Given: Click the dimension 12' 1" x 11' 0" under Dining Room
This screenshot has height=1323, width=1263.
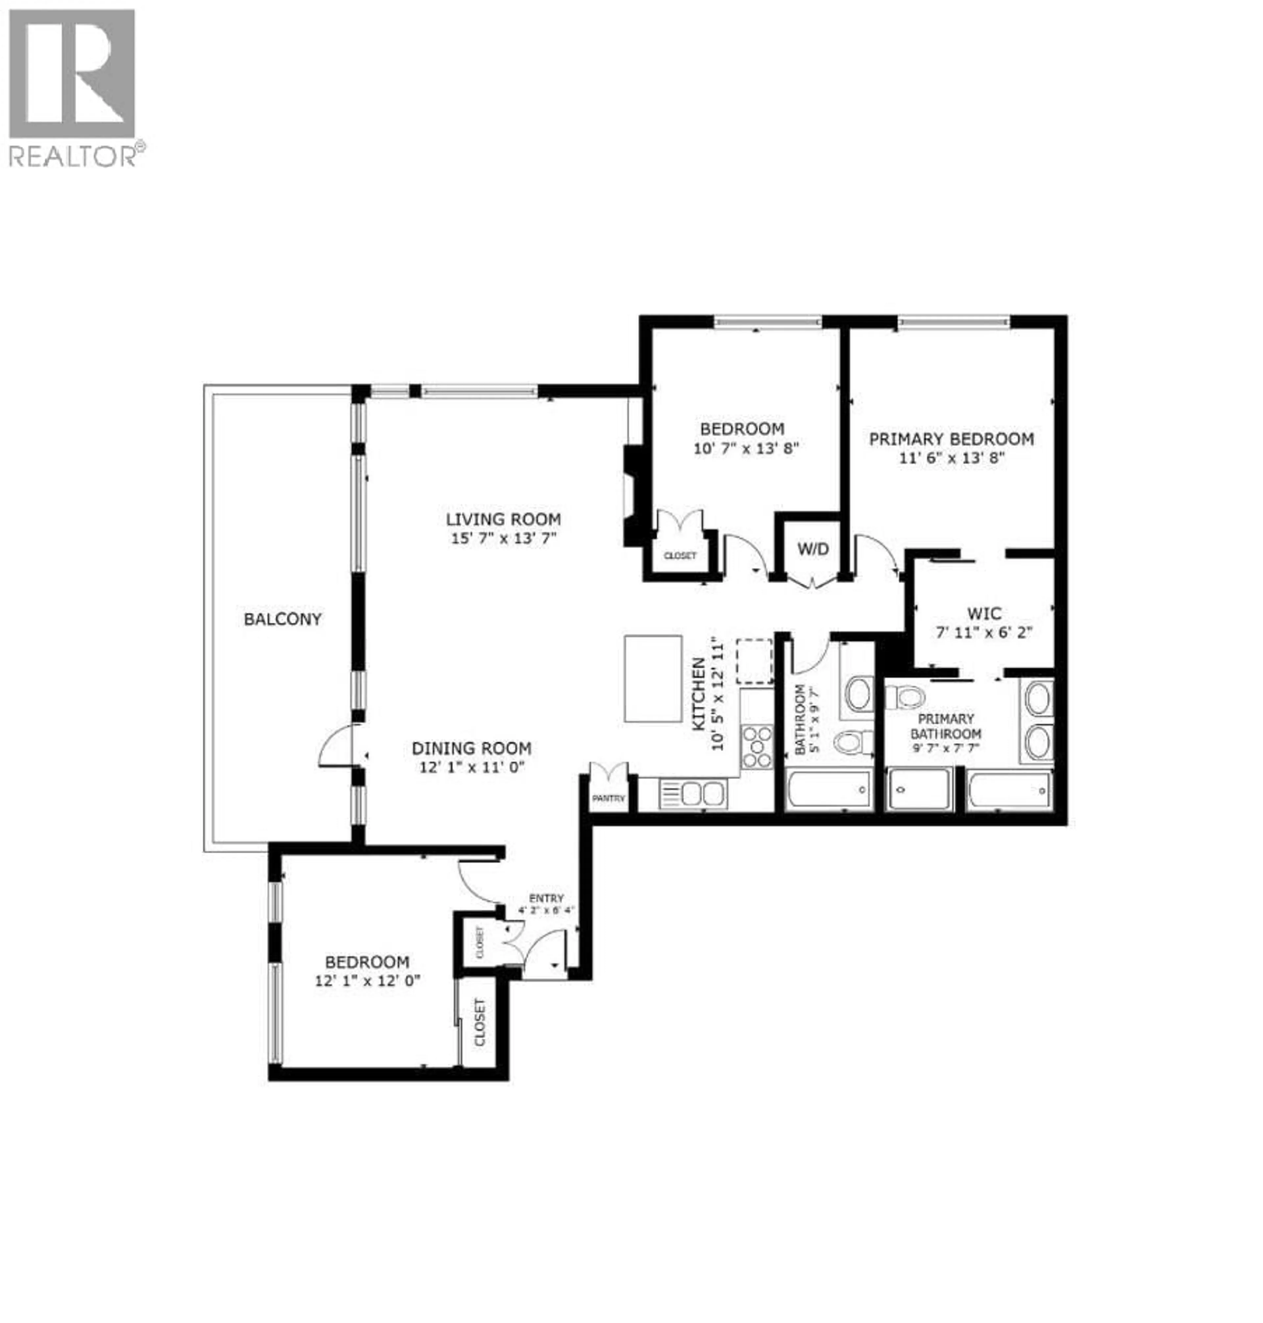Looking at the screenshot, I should tap(471, 767).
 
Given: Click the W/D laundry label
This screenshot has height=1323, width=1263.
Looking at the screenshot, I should tap(813, 549).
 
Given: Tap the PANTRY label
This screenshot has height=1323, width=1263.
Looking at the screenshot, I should tap(608, 798).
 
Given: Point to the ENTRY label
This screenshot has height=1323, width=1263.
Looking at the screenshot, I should tap(546, 898).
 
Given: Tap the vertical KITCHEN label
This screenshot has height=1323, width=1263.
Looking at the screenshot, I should tap(699, 694).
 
